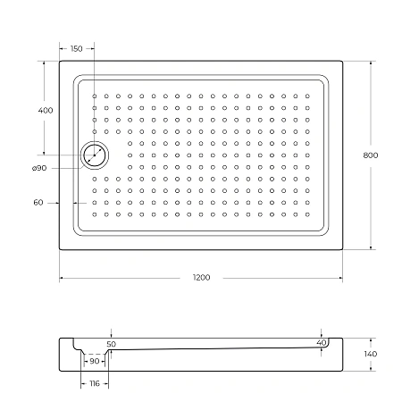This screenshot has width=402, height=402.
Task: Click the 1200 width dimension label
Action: pos(201,278)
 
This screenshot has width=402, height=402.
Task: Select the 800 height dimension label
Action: pos(371,155)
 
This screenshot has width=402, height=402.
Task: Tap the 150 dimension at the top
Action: pos(76,48)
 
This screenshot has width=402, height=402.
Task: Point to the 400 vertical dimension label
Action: pos(46,110)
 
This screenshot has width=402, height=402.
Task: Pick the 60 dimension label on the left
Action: pos(38,203)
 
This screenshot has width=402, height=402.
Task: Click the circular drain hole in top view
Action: pos(94,155)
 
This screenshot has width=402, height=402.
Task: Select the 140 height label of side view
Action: pos(371,355)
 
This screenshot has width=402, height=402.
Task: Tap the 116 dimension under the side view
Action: pos(94,383)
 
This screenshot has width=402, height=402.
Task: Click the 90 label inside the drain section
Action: pos(94,361)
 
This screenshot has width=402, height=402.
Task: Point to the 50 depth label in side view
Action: pos(111,343)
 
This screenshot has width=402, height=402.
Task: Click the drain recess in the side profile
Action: pos(94,353)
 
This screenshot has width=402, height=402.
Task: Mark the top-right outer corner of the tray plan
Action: pos(343,61)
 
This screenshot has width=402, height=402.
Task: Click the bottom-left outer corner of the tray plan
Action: pos(60,249)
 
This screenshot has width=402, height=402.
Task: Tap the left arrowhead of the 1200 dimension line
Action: pos(62,278)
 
